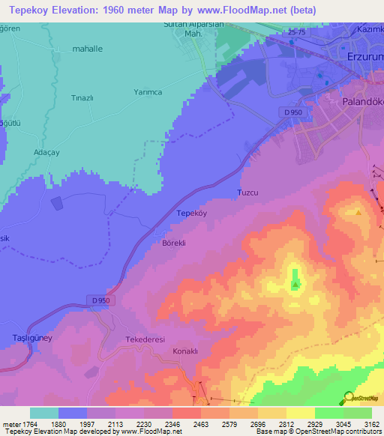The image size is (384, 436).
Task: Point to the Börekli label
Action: click(x=173, y=243)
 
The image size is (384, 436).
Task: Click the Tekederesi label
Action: click(x=144, y=339)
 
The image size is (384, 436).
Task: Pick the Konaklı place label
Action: click(x=184, y=351)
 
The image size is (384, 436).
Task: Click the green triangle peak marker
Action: click(x=296, y=284)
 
